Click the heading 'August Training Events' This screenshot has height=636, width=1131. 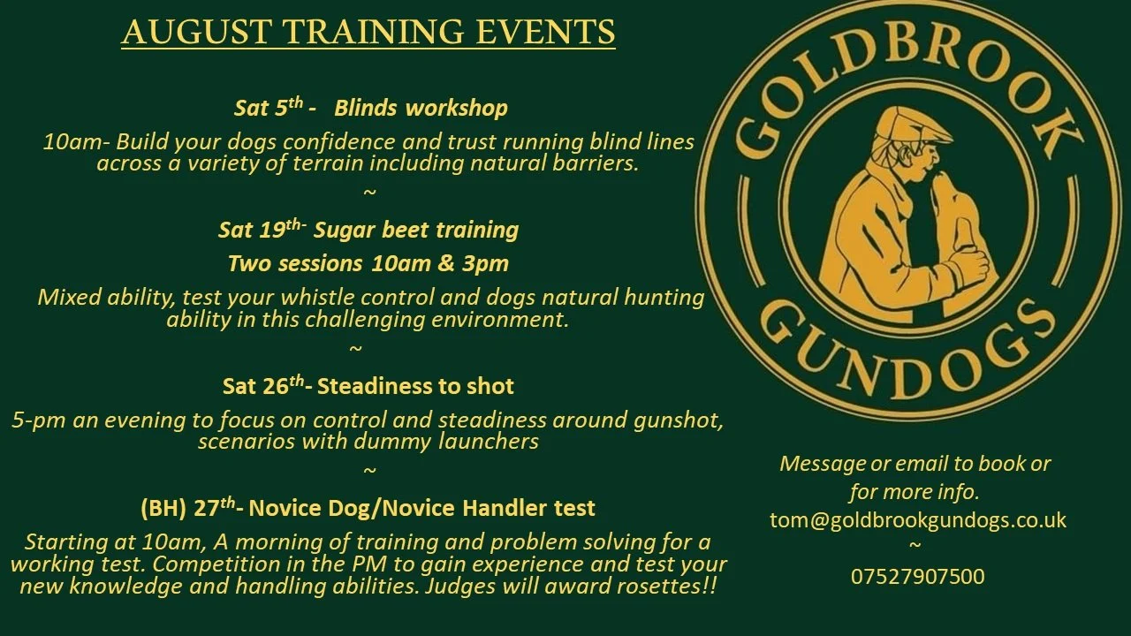(x=368, y=32)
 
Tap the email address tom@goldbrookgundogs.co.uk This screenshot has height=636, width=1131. (x=917, y=519)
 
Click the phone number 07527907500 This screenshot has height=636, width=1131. (x=917, y=577)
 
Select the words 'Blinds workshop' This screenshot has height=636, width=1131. (x=421, y=109)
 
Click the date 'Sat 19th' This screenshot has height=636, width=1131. (x=262, y=231)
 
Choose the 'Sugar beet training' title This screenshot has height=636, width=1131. (x=415, y=231)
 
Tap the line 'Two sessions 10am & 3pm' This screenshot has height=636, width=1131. (x=368, y=263)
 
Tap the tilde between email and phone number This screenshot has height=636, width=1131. (x=915, y=546)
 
